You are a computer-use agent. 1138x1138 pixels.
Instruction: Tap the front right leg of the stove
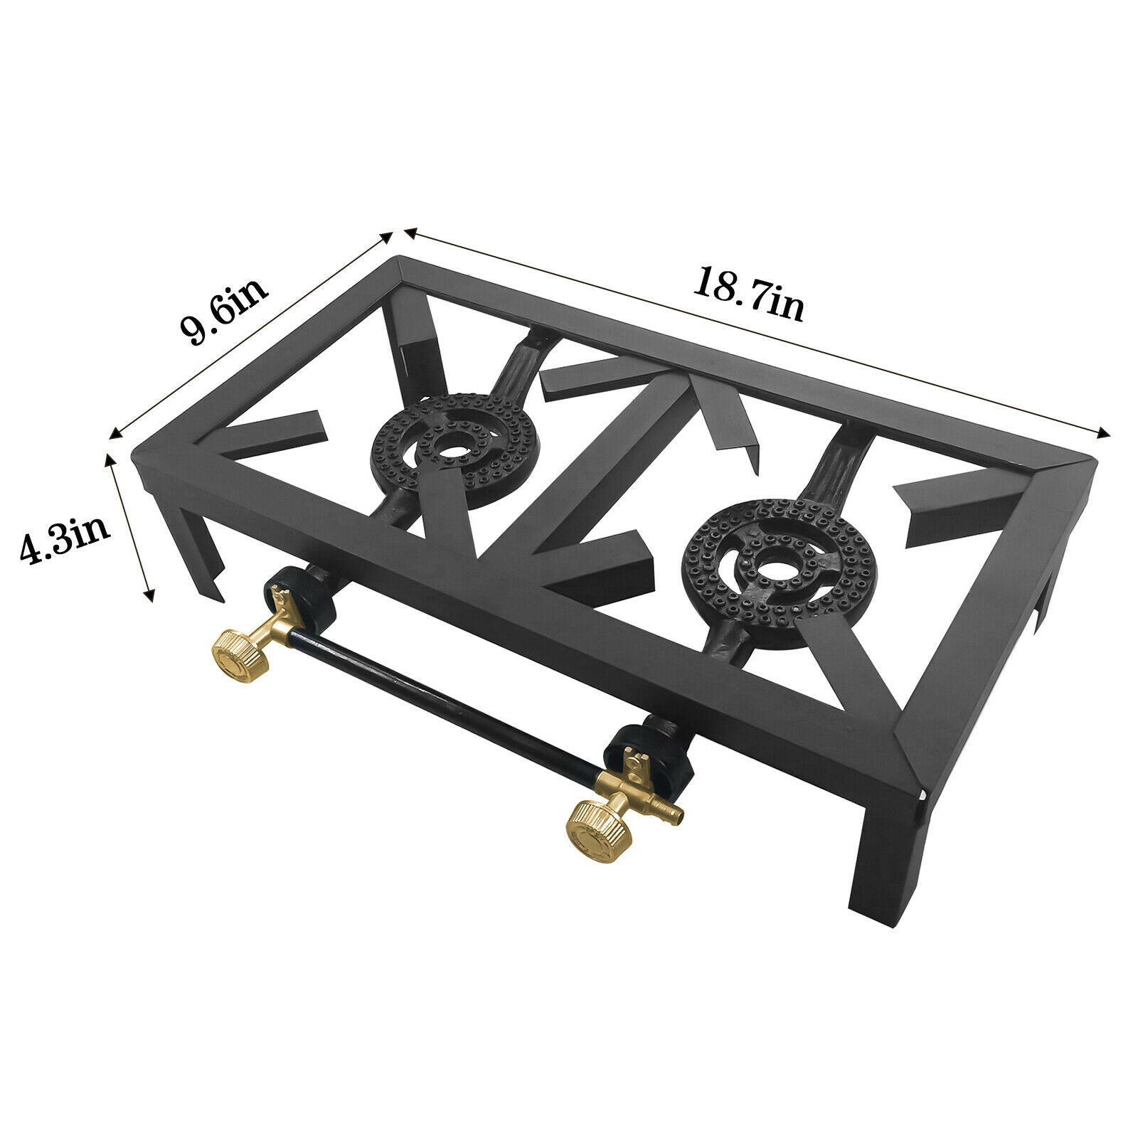click(x=880, y=861)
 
